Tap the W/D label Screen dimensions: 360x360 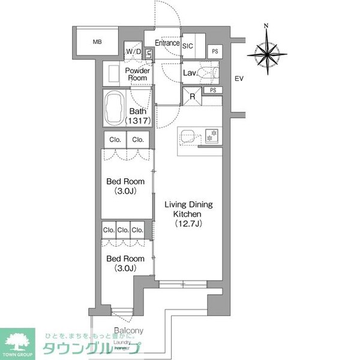coord(133,51)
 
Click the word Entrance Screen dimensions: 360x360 coord(167,43)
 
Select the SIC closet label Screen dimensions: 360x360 coord(187,46)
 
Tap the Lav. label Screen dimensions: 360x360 coord(190,73)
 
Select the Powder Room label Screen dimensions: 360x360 coord(137,74)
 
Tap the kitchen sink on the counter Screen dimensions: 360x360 coord(186,134)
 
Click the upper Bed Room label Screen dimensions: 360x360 coord(125,182)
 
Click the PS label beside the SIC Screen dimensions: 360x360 coord(215,52)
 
